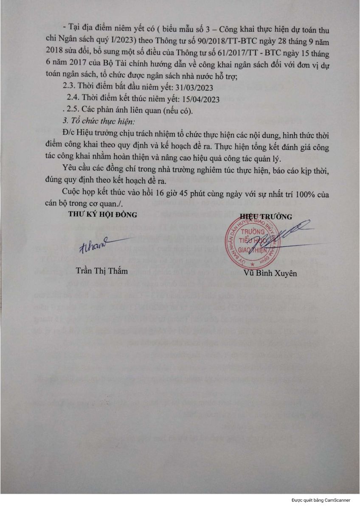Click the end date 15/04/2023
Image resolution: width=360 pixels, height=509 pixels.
(200, 100)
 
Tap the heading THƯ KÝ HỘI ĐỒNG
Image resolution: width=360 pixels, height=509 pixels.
(103, 215)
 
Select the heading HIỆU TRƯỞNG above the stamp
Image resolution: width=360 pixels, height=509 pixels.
(266, 217)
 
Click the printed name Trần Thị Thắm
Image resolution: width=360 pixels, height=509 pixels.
(98, 271)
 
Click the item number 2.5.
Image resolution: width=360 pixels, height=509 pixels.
(73, 111)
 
